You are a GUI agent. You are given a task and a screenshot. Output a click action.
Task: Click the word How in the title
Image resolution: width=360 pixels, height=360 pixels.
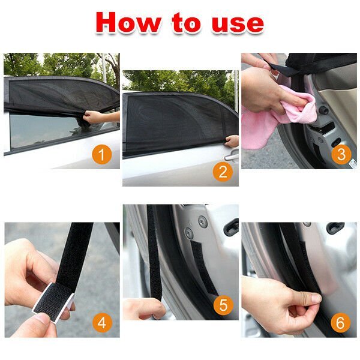coord(128,22)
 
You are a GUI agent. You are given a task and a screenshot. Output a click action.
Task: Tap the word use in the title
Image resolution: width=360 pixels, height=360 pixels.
coord(238,23)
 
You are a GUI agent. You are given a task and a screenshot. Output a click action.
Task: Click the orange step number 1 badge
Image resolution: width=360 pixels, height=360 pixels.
coord(102,154)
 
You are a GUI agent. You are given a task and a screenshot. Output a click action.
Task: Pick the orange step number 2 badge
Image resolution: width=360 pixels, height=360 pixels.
coord(223,172)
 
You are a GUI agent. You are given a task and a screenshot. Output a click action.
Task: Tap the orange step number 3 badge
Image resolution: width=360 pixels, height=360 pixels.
coord(341,154)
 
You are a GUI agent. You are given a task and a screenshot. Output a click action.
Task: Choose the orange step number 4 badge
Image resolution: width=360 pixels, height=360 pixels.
coord(102,323)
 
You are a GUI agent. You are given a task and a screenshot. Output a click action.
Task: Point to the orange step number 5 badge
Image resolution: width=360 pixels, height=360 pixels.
coord(223,305)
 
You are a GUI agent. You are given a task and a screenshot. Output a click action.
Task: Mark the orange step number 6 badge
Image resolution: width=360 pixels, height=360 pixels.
coord(341,322)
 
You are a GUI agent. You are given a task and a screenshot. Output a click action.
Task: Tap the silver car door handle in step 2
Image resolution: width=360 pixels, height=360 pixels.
coord(232,156)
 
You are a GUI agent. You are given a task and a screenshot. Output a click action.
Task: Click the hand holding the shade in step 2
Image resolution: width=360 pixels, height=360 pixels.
coord(232,141)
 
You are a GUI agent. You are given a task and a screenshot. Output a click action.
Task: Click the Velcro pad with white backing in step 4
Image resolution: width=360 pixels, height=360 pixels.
coord(53,301)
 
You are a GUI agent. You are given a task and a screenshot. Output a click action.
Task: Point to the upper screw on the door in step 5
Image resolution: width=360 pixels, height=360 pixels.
coord(203,221)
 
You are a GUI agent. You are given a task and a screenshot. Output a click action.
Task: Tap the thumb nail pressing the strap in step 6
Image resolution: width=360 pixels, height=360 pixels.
coord(316,298)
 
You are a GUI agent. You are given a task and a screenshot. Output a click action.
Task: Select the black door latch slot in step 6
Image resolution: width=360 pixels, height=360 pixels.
coord(335,227)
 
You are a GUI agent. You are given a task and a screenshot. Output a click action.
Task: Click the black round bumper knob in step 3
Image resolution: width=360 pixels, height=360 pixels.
coord(324,110)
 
